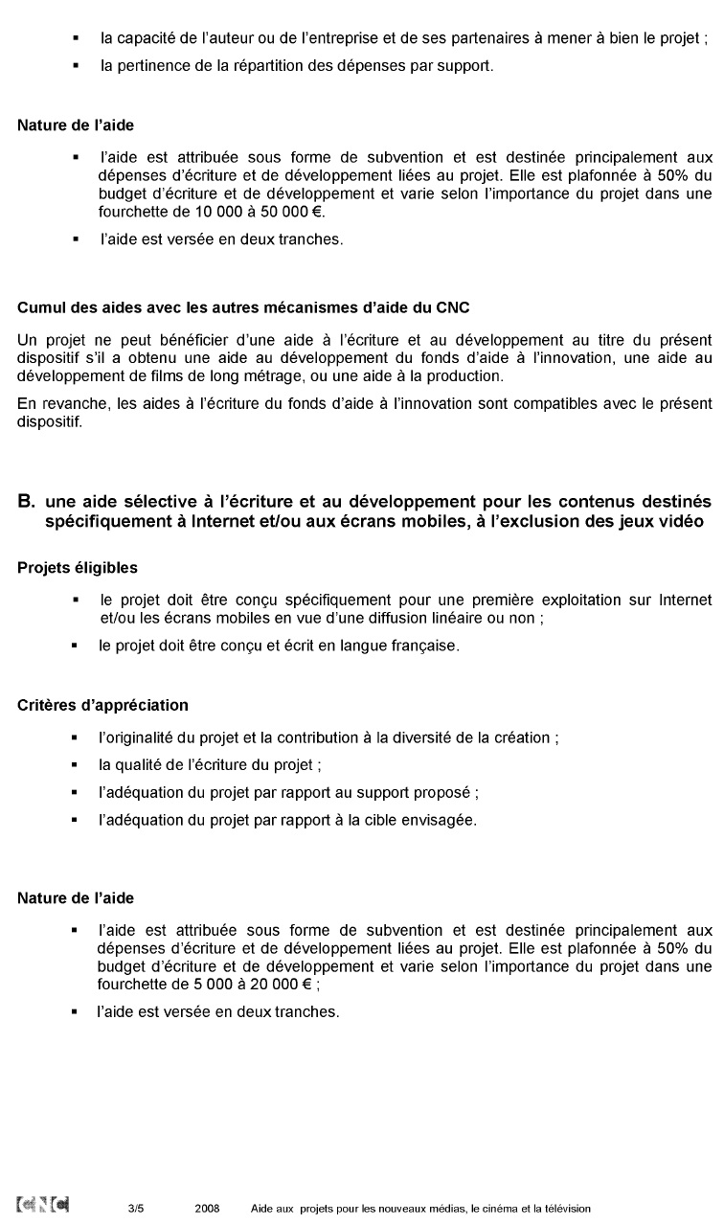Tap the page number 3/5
click(136, 1209)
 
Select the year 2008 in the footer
click(207, 1209)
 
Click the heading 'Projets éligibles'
click(77, 568)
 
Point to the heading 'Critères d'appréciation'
click(102, 705)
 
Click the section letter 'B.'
click(27, 501)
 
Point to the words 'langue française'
click(403, 646)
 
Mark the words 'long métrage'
click(282, 376)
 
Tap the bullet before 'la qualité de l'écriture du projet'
click(75, 766)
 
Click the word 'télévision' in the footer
click(567, 1209)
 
